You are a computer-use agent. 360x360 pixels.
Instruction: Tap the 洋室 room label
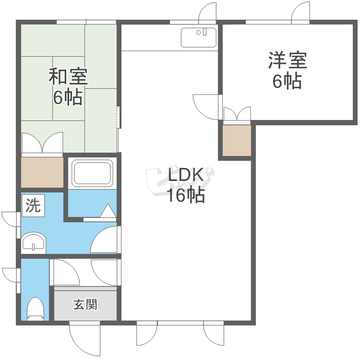point(287,61)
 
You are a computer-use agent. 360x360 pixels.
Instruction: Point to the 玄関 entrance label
point(85,304)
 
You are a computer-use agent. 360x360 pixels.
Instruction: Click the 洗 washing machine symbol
point(33,206)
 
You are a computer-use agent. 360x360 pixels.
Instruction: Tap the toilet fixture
point(36,308)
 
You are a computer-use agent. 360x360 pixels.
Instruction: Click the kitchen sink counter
point(199,37)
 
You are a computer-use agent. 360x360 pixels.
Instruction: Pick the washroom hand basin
point(33,242)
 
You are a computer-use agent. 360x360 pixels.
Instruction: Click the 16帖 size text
point(186,195)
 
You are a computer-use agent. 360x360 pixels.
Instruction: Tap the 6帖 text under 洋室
point(287,81)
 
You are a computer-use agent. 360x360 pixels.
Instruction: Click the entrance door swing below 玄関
point(84,338)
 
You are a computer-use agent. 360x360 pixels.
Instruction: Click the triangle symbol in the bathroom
point(108,211)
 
